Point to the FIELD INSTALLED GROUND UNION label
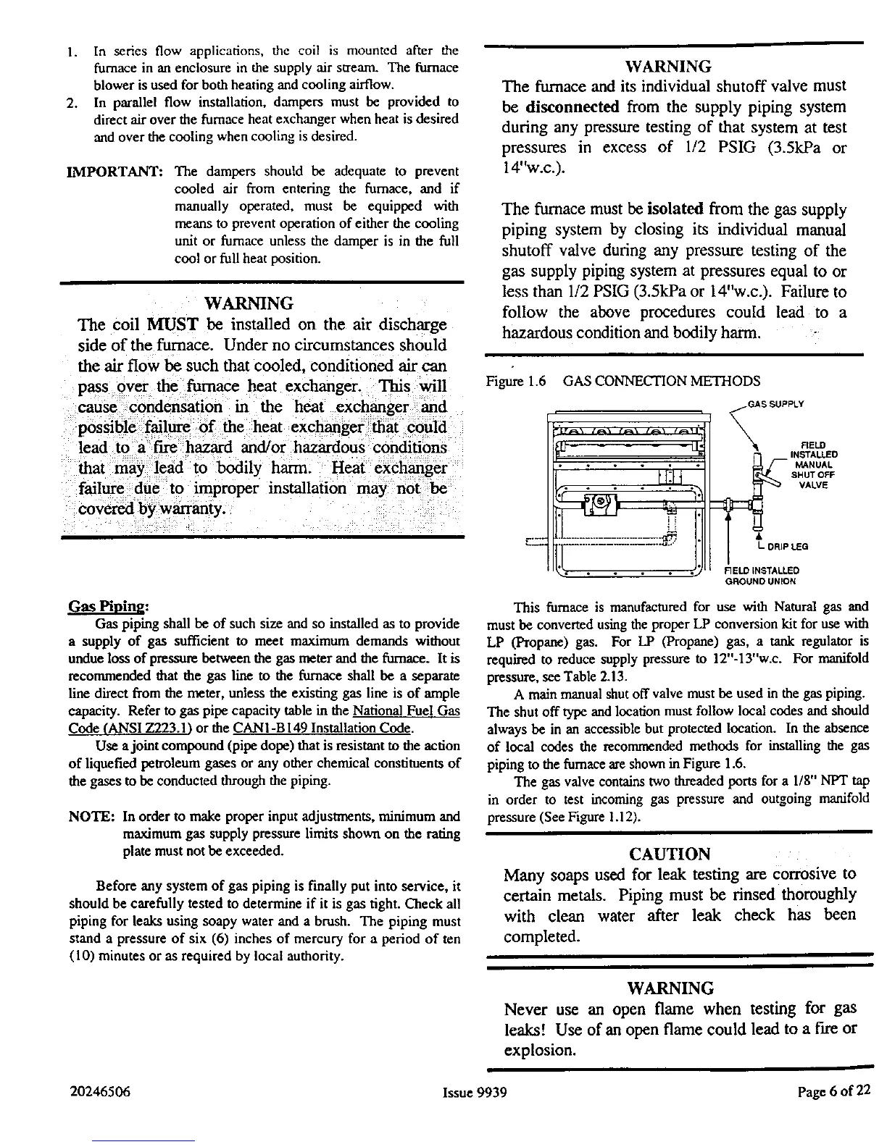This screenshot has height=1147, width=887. coord(757,575)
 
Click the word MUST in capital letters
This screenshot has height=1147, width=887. coord(170,324)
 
